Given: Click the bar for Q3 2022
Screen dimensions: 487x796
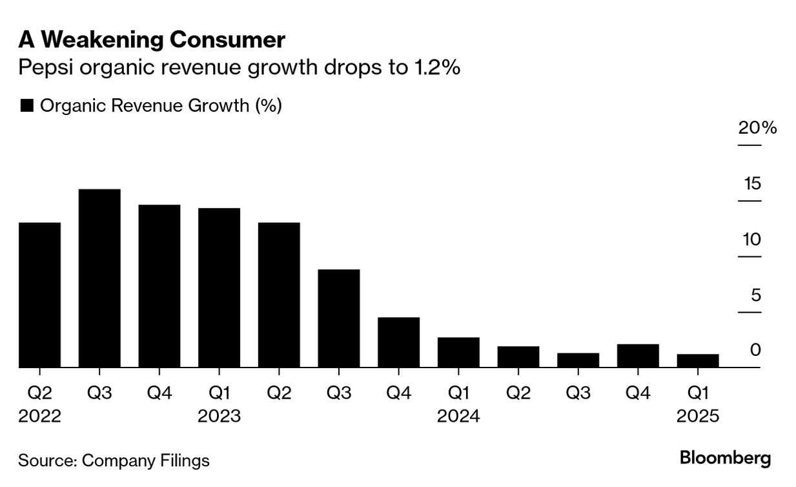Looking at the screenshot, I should [x=99, y=278].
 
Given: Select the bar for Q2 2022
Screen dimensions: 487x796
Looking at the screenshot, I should [x=39, y=295].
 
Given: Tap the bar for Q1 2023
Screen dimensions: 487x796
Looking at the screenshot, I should [x=219, y=288].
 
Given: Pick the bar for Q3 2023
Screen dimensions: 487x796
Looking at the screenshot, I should [x=339, y=318].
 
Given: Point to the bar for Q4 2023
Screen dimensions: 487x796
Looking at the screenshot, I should [x=398, y=342].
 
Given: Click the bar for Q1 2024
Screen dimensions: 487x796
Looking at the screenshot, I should [x=458, y=353].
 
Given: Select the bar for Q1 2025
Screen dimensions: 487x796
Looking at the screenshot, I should [x=698, y=361].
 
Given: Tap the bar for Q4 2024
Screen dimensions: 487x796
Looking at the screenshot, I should [x=638, y=356].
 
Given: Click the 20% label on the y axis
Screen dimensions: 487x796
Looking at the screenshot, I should [x=757, y=128].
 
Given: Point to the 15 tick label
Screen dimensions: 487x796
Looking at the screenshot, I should [x=752, y=184].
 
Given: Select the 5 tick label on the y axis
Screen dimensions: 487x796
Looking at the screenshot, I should [x=756, y=296].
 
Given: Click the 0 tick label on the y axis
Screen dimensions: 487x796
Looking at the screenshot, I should [x=756, y=350].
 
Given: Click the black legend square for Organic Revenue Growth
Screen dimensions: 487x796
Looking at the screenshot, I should [x=26, y=106].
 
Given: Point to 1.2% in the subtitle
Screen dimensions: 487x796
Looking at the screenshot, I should [x=434, y=68].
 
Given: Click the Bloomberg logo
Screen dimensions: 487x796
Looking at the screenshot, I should [x=725, y=459].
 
